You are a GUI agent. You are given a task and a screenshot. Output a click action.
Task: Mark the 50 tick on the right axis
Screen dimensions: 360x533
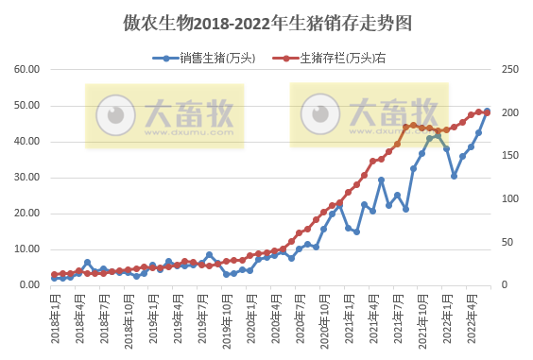(507, 242)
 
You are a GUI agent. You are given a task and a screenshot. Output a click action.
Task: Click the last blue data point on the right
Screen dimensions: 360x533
(487, 111)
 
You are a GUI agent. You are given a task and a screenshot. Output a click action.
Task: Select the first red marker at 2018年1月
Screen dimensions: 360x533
(55, 274)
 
